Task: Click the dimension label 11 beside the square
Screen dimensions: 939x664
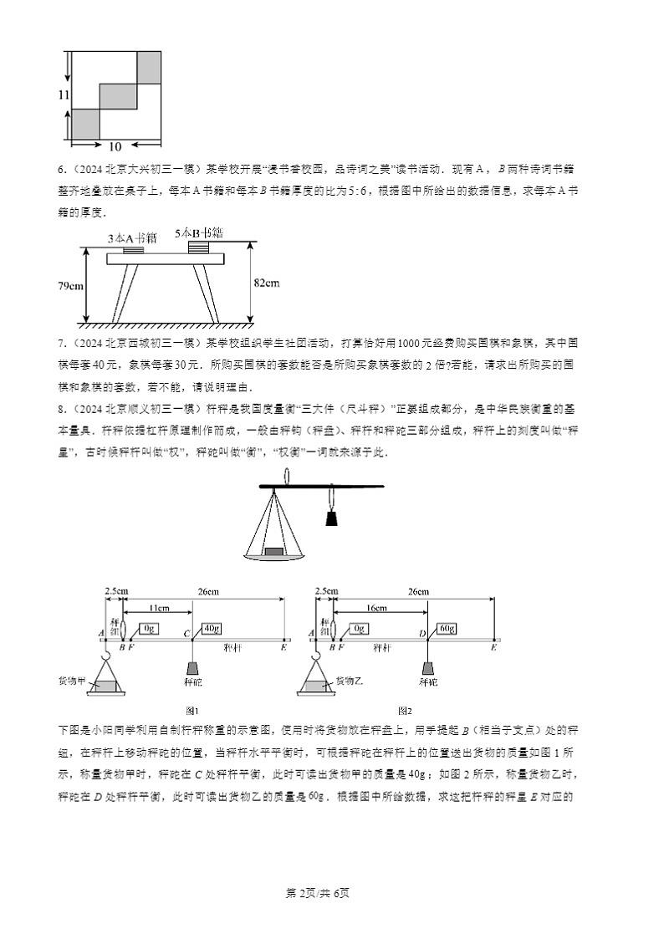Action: (x=64, y=95)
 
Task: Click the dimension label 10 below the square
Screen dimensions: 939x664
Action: (x=116, y=145)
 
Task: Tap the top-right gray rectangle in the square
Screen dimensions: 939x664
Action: (x=148, y=67)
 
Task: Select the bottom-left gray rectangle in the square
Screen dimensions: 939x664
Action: (x=85, y=124)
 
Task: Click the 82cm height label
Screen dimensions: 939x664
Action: (x=266, y=283)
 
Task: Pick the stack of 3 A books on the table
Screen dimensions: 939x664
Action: (x=133, y=248)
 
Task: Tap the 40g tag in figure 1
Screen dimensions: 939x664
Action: (x=211, y=628)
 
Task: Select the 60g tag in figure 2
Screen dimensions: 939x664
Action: (x=446, y=628)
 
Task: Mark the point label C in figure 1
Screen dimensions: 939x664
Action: (x=188, y=635)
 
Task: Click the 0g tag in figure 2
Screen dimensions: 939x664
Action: (x=360, y=628)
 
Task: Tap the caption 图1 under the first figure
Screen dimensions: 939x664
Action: (x=192, y=710)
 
